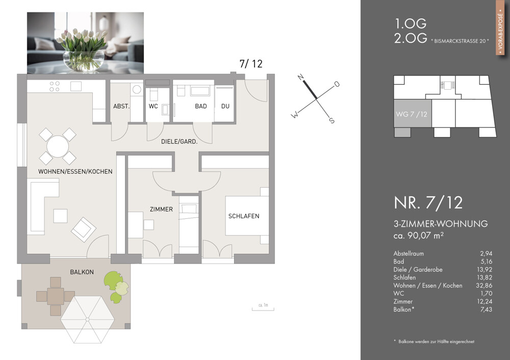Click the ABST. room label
coord(121,107)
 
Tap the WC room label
coord(153,107)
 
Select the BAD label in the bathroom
coord(201,107)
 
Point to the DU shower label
coord(225,107)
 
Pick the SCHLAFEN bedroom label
coord(244,216)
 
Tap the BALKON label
coord(82,272)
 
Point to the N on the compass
coord(301,77)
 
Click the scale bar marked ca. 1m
coord(263,307)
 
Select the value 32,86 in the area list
coord(482,286)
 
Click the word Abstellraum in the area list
coord(409,253)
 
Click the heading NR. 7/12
coord(428,202)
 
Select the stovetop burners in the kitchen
coord(55,86)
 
